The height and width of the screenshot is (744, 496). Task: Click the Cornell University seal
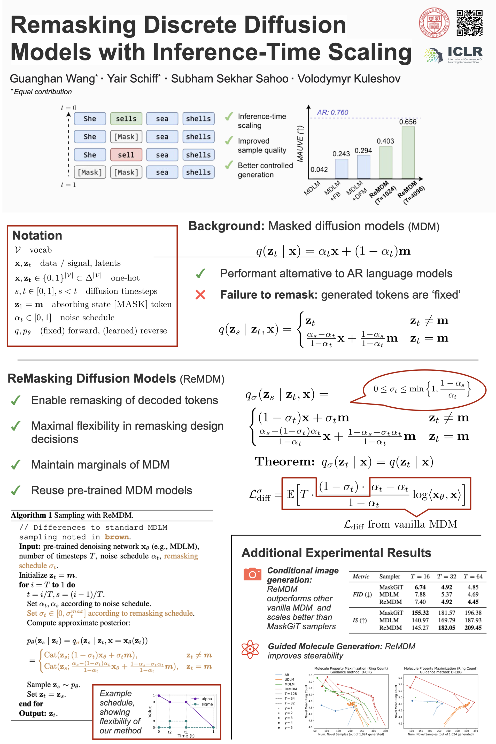click(434, 23)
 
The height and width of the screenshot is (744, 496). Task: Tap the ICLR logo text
click(465, 52)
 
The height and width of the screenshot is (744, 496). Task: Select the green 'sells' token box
click(126, 119)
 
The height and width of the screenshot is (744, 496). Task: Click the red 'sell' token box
click(126, 155)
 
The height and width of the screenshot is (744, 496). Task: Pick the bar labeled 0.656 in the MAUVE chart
click(408, 152)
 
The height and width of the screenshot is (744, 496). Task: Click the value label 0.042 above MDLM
click(319, 169)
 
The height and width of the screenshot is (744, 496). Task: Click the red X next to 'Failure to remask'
click(200, 295)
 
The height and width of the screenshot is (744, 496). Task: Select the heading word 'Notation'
click(37, 235)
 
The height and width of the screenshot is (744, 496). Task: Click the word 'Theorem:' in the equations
click(285, 462)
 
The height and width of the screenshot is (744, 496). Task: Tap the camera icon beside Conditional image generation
click(252, 574)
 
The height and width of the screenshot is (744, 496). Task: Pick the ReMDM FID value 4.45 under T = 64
click(473, 602)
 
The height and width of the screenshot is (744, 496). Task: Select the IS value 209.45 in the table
click(473, 627)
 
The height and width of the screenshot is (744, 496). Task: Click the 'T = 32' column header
click(446, 576)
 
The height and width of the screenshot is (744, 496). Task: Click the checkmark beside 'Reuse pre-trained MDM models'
click(16, 490)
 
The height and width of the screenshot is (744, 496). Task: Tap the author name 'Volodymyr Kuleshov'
click(349, 79)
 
